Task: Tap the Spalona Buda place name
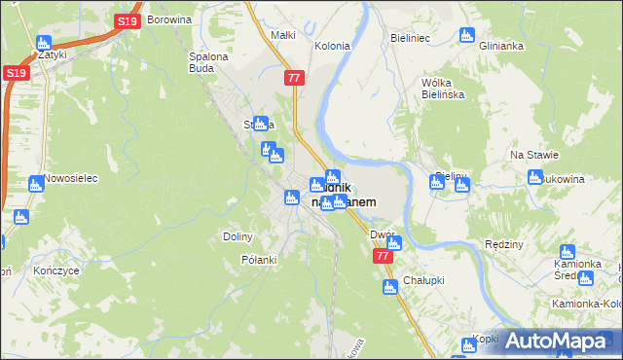coord(207,62)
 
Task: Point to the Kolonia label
coord(332,46)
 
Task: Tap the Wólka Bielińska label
coord(442,89)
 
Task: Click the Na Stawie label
coord(531,156)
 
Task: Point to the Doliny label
coord(238,236)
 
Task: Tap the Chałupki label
coord(425,280)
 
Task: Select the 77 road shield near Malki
coord(293,77)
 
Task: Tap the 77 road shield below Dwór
coord(383,257)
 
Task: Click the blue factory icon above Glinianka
coord(465,36)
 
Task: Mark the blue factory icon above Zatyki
coord(43,43)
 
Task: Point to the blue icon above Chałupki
coord(389,287)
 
